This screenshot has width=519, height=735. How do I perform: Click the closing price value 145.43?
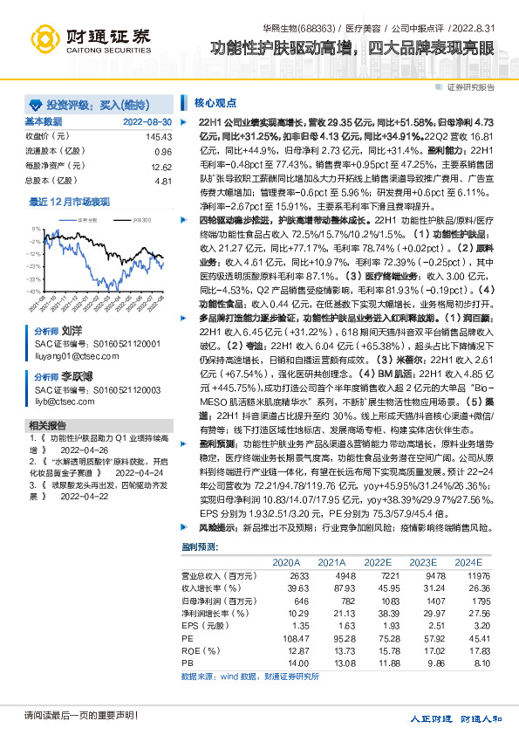click(x=160, y=137)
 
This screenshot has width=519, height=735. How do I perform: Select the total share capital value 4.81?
click(x=163, y=181)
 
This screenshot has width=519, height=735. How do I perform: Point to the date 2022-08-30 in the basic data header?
click(x=147, y=120)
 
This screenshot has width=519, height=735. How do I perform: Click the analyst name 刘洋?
click(x=72, y=332)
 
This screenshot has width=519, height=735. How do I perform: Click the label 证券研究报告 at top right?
click(x=471, y=87)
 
